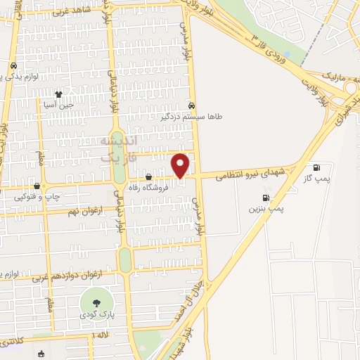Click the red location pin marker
[x=181, y=165]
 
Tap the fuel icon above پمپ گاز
[x=316, y=167]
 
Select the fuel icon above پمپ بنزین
[x=266, y=198]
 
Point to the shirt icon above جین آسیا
[x=58, y=94]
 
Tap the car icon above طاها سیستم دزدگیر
[x=191, y=106]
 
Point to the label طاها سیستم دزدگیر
[x=191, y=117]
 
